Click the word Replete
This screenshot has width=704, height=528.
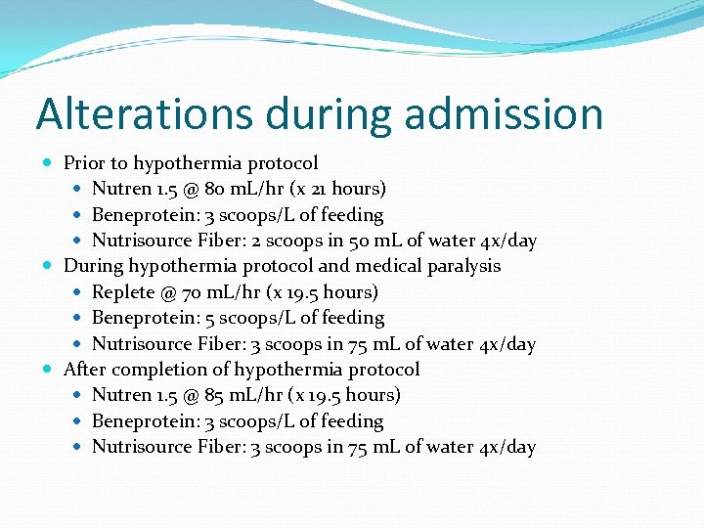click(123, 291)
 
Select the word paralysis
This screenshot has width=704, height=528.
click(463, 266)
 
